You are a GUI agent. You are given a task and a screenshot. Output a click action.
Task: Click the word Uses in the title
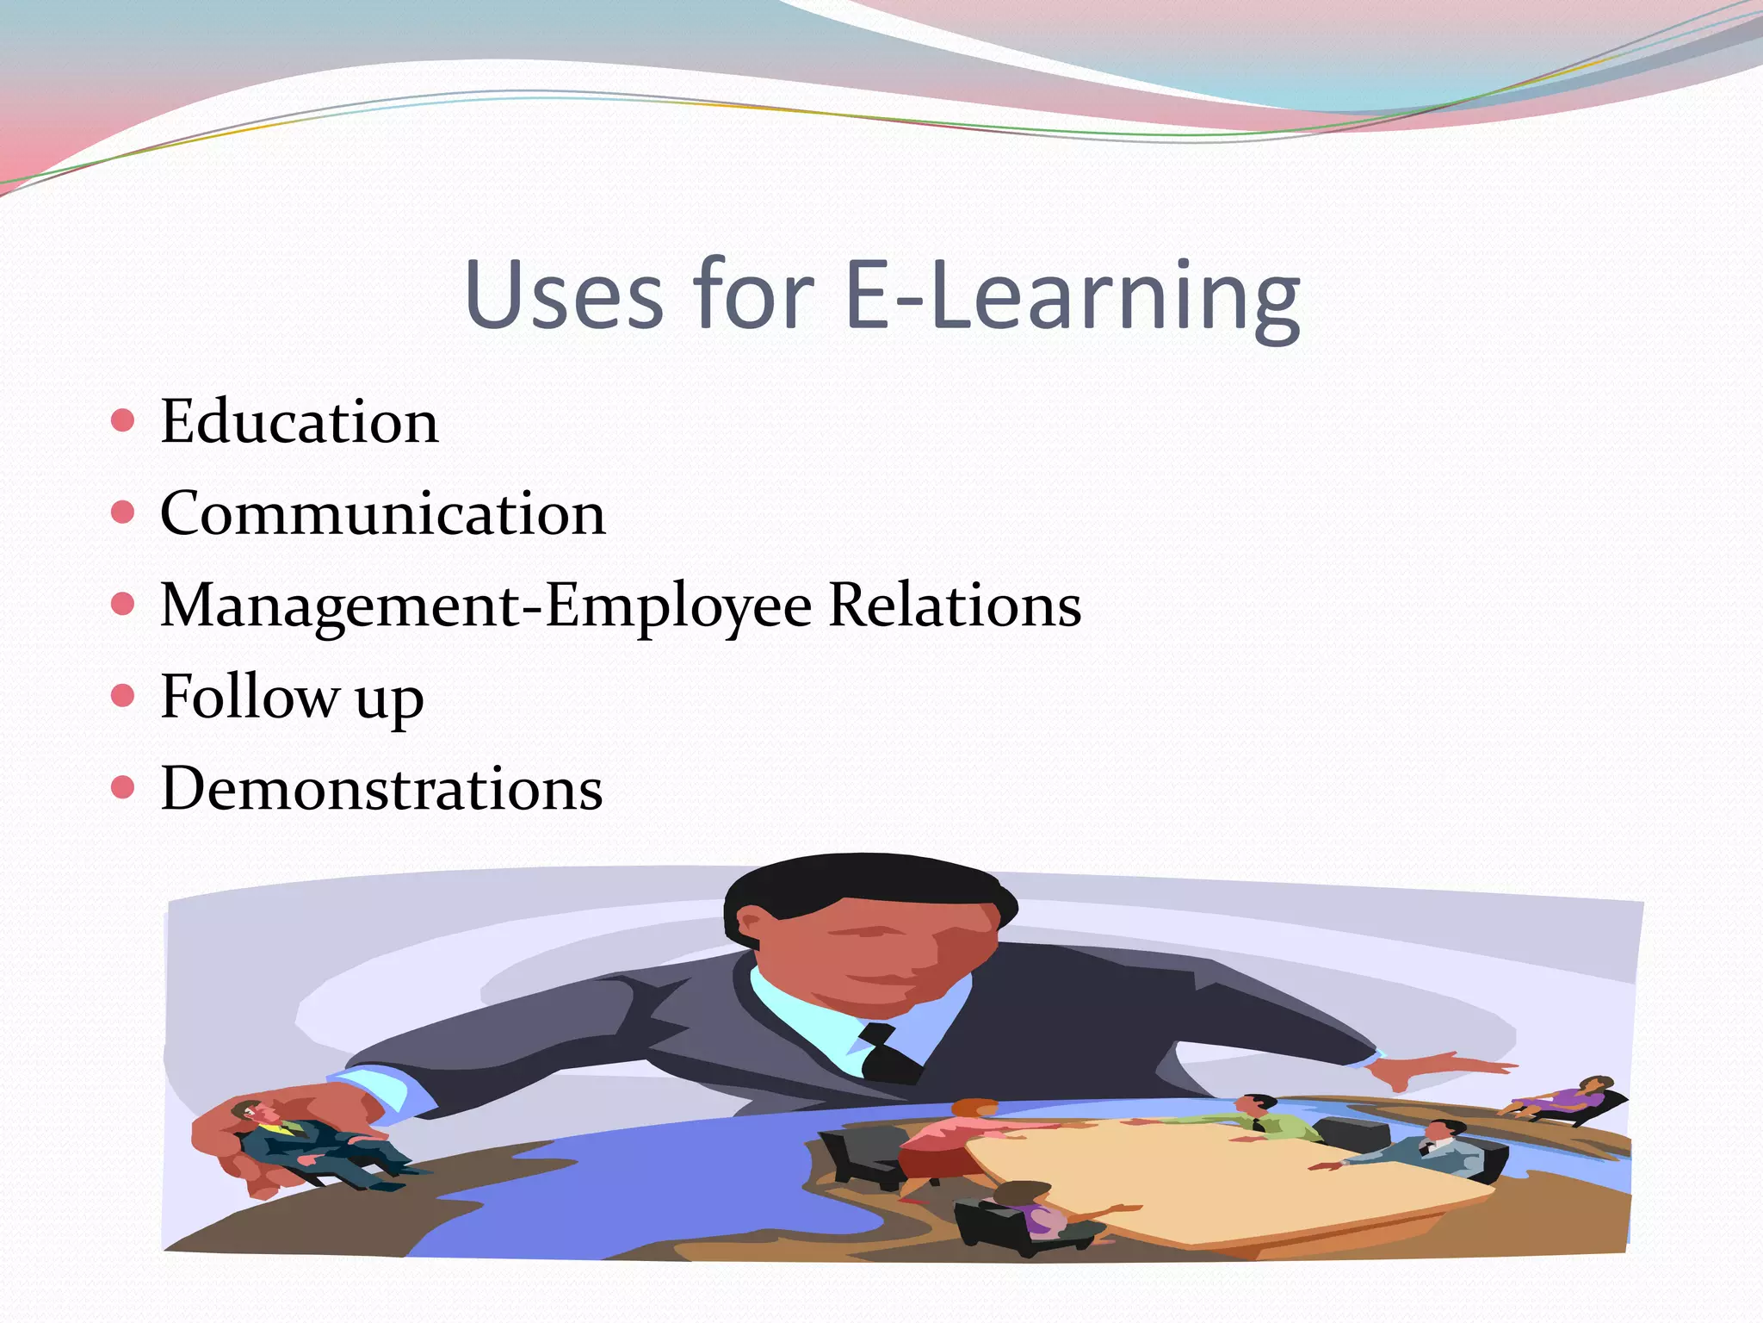[x=564, y=295]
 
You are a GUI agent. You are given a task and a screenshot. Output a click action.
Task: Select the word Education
[x=300, y=422]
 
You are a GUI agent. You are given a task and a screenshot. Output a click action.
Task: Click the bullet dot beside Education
[x=123, y=420]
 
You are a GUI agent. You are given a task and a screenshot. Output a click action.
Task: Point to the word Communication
[x=383, y=514]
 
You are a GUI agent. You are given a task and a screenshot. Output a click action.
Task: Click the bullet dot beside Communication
[x=123, y=512]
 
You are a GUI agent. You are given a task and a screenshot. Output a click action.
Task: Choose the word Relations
[x=954, y=606]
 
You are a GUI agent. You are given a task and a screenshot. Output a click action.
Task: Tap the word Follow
[x=250, y=697]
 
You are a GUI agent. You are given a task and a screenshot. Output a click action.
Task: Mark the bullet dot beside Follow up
[x=123, y=695]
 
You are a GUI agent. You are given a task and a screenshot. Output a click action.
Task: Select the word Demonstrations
[x=381, y=789]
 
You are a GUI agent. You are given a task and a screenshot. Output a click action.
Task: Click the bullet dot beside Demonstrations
[x=123, y=787]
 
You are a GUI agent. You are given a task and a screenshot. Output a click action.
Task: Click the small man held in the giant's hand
[x=310, y=1141]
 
